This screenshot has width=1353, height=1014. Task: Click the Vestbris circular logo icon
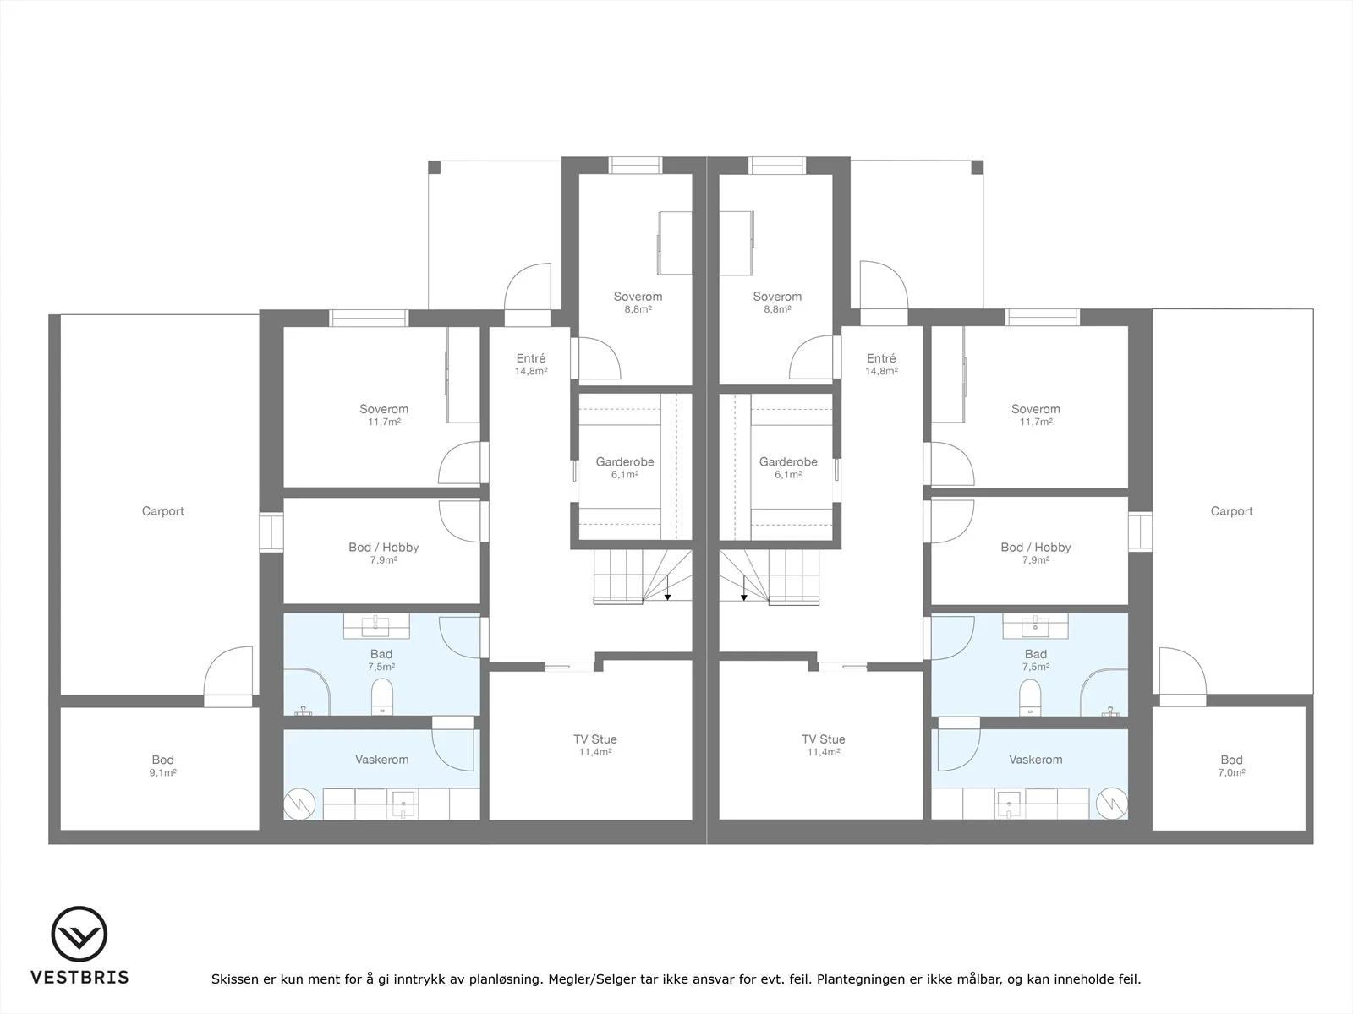pos(79,934)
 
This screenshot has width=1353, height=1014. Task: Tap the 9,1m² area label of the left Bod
pos(162,773)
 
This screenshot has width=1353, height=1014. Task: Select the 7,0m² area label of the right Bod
pos(1231,773)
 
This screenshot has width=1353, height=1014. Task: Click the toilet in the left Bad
pos(382,697)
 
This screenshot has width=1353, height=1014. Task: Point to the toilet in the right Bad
pos(1029,698)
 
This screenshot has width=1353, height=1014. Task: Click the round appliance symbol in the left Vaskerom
pos(299,804)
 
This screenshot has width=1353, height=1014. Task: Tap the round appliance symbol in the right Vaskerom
pos(1112,804)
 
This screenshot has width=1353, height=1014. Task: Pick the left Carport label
pos(162,511)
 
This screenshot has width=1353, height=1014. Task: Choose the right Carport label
pos(1231,511)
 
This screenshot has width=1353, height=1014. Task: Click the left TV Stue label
pos(594,739)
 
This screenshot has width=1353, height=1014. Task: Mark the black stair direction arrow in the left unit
pos(667,597)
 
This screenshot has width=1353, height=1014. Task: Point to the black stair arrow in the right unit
pos(744,597)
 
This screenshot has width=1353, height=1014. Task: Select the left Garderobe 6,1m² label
pos(624,468)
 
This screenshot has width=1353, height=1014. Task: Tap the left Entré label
pos(531,358)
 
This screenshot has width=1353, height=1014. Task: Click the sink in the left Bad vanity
pos(376,627)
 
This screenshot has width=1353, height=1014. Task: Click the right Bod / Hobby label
pos(1036,548)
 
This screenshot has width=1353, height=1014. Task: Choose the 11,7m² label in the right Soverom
pos(1036,422)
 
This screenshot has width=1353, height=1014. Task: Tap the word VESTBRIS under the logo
pos(79,977)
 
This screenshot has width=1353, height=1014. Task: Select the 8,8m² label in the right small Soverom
pos(777,309)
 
